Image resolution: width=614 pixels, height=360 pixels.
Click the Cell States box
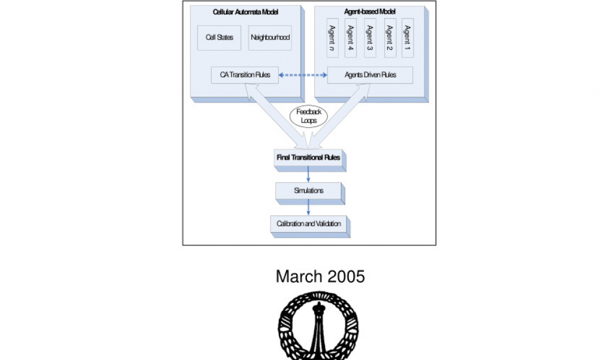pyautogui.click(x=219, y=38)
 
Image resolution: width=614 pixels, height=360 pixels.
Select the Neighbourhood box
pyautogui.click(x=270, y=38)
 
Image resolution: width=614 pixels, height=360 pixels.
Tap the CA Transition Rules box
pyautogui.click(x=245, y=75)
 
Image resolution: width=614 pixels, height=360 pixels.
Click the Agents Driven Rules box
pyautogui.click(x=370, y=75)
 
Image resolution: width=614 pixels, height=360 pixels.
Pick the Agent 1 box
pyautogui.click(x=408, y=38)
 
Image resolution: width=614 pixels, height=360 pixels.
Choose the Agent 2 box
pyautogui.click(x=390, y=38)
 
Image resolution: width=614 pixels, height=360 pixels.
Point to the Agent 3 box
pyautogui.click(x=370, y=38)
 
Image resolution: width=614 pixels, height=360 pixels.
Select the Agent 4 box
pyautogui.click(x=350, y=38)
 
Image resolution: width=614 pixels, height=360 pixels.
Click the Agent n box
pyautogui.click(x=332, y=38)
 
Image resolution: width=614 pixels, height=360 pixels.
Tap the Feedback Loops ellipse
pyautogui.click(x=309, y=116)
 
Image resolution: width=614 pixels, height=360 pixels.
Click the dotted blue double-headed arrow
pyautogui.click(x=303, y=75)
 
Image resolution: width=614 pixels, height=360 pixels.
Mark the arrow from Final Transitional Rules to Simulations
pyautogui.click(x=308, y=174)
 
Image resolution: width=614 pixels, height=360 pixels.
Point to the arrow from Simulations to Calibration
pyautogui.click(x=308, y=207)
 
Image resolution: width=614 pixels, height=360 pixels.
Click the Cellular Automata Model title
pyautogui.click(x=245, y=12)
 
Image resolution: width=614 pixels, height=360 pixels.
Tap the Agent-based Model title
pyautogui.click(x=370, y=12)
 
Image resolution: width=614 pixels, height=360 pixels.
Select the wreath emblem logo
pyautogui.click(x=318, y=326)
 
